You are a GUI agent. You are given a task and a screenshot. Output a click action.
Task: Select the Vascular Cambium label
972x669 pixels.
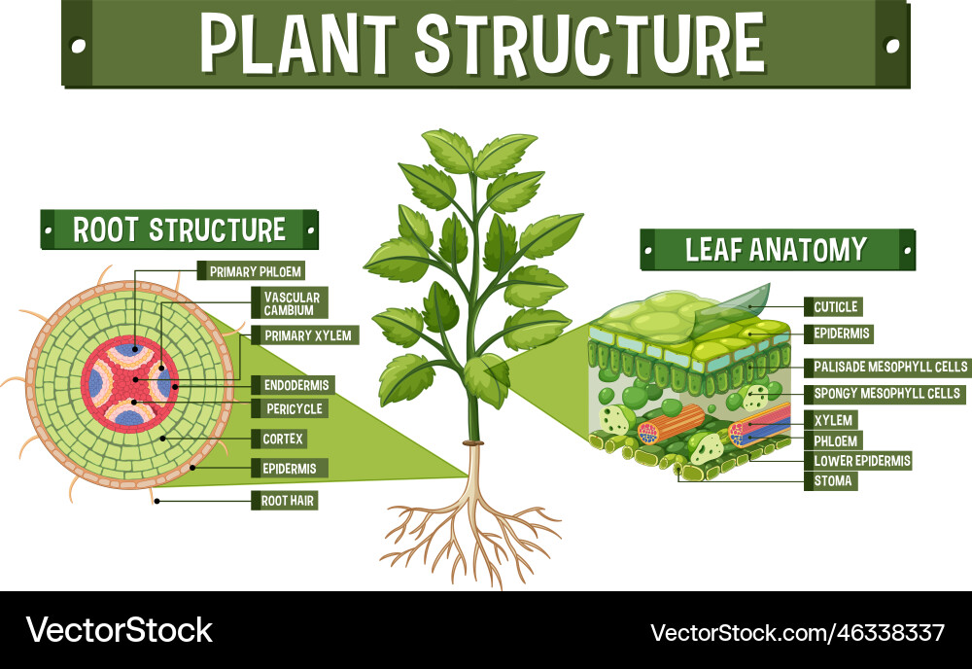[x=284, y=302]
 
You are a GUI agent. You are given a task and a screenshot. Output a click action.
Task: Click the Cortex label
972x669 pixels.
[x=283, y=439]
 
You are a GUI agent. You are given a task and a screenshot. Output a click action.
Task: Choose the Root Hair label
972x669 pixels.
[x=289, y=501]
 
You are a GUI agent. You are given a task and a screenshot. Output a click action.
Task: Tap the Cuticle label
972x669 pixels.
[x=834, y=307]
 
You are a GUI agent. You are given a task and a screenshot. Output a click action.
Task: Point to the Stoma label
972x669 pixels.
[x=832, y=480]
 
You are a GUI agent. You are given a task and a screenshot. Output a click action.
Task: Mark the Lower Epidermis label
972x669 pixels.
[x=862, y=461]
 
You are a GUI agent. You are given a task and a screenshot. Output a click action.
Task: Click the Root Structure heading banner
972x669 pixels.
[x=180, y=230]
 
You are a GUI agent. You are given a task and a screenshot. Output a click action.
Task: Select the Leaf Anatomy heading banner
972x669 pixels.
[x=776, y=250]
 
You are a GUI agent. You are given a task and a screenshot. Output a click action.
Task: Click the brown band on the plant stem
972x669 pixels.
[x=473, y=444]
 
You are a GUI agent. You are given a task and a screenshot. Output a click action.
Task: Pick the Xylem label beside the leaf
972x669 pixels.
[x=833, y=420]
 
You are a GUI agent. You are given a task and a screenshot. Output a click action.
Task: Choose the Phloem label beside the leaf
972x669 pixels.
[x=836, y=440]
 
